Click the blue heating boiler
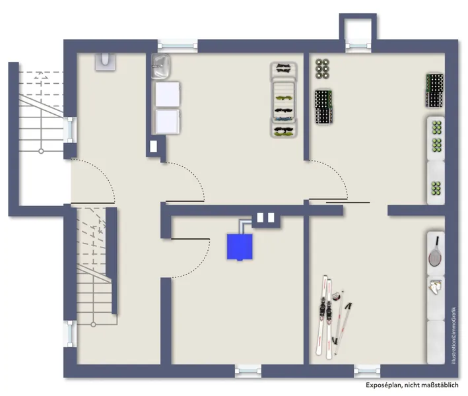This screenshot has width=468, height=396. pos(240,246)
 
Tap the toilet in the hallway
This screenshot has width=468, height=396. pos(106,62)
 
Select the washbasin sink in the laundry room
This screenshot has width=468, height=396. pos(161,66)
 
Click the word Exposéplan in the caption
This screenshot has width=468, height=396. pos(383,385)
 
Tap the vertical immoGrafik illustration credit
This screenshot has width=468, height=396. pos(453,335)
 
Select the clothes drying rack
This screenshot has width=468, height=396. pos(284,100)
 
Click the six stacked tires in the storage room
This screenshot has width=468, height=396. pos(322,69)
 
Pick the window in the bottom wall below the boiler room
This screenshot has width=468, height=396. pos(248,371)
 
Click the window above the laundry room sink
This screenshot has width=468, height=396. pos(178,46)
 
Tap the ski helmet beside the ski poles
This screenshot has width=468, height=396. pos(337,296)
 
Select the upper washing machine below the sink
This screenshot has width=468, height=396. pos(168,94)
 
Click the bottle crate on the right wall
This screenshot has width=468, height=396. pos(434,90)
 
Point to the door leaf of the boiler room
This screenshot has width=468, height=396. pos(190,239)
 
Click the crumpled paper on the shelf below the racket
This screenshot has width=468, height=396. pos(436,286)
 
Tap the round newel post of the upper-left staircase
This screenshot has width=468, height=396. pos(41,151)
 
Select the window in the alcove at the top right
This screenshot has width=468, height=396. pos(358,46)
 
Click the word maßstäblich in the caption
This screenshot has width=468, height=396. pos(440,385)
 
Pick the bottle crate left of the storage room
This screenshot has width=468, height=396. pos(324,107)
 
